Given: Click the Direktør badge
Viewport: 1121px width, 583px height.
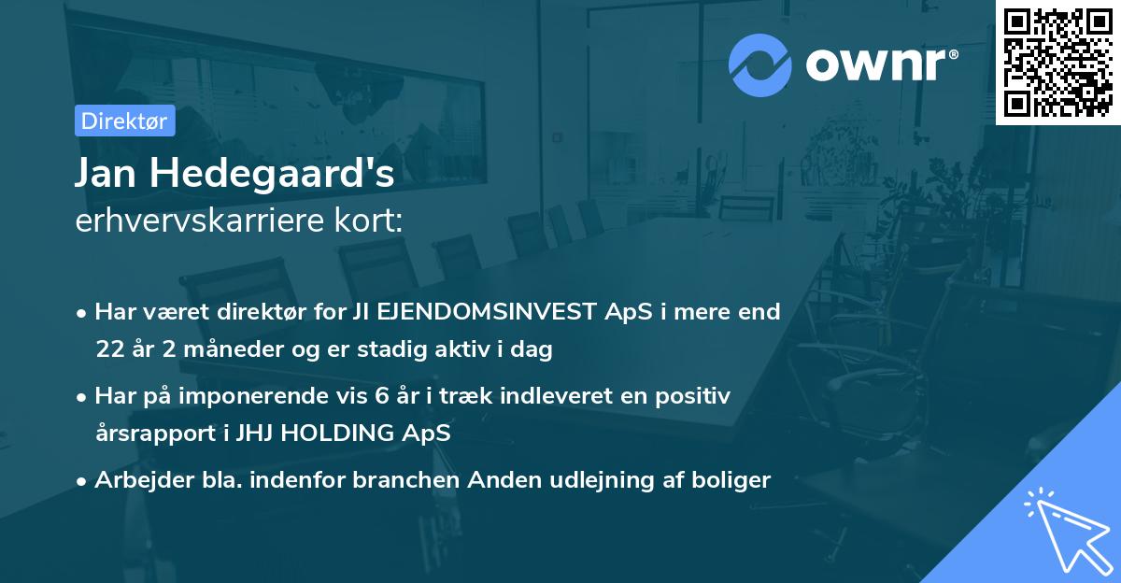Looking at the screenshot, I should pyautogui.click(x=124, y=121).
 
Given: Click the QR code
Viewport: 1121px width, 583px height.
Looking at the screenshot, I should pyautogui.click(x=1057, y=62).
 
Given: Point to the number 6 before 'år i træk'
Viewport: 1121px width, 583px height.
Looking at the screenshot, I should pyautogui.click(x=381, y=395).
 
